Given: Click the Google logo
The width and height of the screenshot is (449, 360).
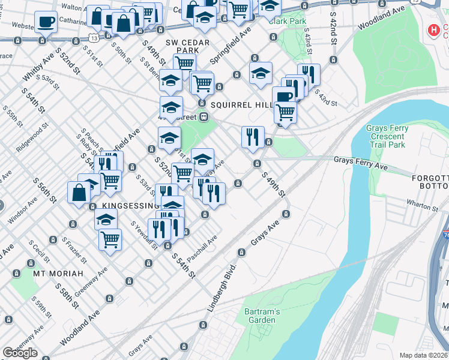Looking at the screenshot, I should point(20,353).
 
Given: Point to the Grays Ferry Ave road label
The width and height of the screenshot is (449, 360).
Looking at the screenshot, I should point(361,160).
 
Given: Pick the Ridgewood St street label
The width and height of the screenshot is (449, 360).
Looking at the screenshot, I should point(31,138).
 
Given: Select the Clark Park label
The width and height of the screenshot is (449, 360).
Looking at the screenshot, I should point(287,21).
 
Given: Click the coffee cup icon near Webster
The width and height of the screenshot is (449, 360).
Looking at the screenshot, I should point(46,22).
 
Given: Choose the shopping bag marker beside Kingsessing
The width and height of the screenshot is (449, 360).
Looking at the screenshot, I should point(79,193).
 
